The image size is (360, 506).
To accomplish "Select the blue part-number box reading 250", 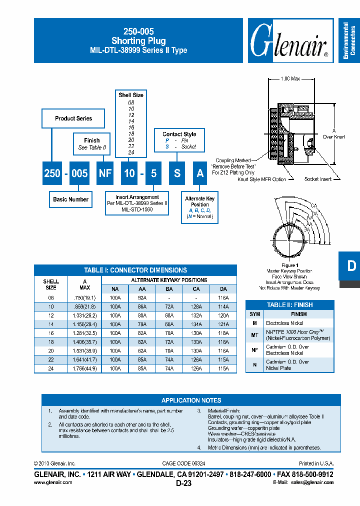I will tap(52, 173).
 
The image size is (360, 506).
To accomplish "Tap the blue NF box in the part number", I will tap(104, 173).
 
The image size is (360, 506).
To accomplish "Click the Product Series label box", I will tap(73, 118).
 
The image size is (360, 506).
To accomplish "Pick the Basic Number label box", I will tap(70, 199).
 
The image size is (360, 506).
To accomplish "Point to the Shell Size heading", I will tap(131, 95).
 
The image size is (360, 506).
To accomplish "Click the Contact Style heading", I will tap(179, 134).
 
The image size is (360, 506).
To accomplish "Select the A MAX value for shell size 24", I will tap(84, 368).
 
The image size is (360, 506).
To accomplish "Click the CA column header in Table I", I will tap(196, 289).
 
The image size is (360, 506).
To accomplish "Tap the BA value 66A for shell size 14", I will tap(169, 323).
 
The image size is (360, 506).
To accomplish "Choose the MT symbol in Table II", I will tap(255, 335).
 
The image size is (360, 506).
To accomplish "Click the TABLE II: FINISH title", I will tap(289, 304).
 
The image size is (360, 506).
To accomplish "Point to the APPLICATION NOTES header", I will tap(191, 400).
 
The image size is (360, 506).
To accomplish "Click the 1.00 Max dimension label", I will tap(290, 79).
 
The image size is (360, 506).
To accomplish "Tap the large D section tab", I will tap(351, 265).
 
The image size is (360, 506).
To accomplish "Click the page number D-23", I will tap(183, 483).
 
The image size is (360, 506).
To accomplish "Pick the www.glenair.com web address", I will tap(53, 482).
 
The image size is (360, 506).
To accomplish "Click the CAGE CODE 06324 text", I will tap(183, 463).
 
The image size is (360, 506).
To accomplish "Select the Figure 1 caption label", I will tap(289, 265).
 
